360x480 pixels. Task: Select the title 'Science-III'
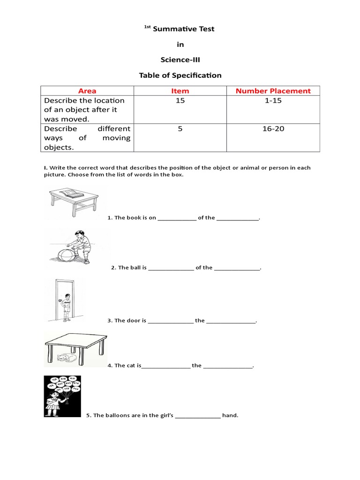tap(180, 60)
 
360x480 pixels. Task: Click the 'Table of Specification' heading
tap(180, 75)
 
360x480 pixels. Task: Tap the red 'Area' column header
tap(87, 91)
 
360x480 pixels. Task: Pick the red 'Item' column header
tap(180, 91)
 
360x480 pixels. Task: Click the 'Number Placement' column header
tap(273, 91)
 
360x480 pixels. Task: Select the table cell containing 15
tap(180, 101)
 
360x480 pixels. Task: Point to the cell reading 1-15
tap(273, 101)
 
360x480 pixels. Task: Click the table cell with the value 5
tap(180, 129)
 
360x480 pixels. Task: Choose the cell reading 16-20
tap(273, 129)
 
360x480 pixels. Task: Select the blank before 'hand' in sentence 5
tap(198, 416)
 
